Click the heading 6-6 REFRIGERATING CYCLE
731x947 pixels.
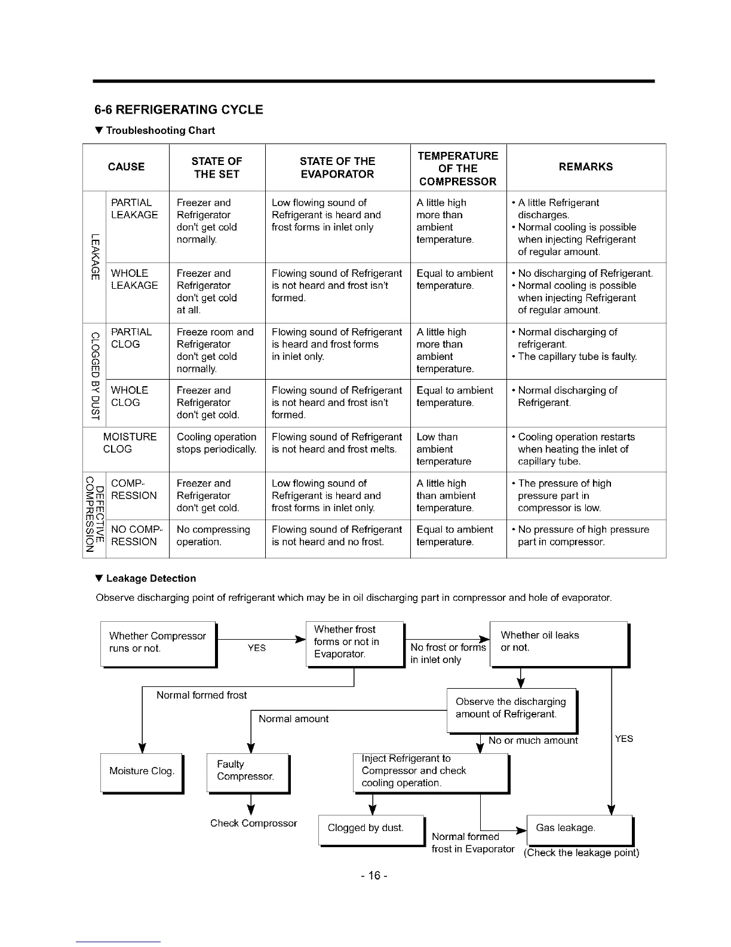tap(179, 109)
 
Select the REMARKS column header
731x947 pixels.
tap(585, 167)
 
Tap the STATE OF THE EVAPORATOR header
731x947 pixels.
tap(337, 167)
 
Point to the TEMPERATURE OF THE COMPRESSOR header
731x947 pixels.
tap(457, 168)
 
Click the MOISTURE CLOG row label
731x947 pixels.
tap(129, 443)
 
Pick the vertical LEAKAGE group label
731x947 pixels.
tap(93, 257)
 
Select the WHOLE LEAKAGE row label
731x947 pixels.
tap(134, 279)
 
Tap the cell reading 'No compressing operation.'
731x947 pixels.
tap(213, 536)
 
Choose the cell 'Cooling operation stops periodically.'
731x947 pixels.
tap(216, 443)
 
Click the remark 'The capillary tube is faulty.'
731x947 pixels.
tap(577, 356)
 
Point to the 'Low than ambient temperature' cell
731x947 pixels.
tap(444, 449)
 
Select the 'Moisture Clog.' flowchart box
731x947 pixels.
tap(142, 771)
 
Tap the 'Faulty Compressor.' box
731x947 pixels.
tap(247, 771)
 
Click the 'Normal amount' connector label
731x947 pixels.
tap(293, 719)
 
